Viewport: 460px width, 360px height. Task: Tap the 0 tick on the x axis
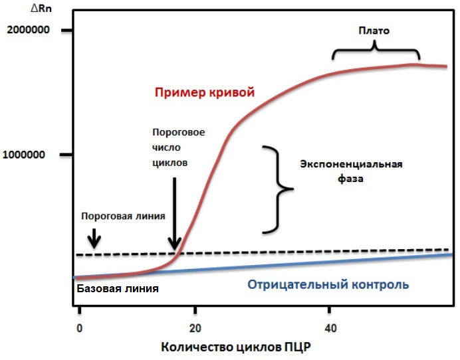pos(80,327)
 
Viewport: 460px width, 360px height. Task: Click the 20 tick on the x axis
pos(195,327)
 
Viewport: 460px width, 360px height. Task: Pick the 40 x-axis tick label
pos(330,327)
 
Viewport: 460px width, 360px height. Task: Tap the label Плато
pos(374,31)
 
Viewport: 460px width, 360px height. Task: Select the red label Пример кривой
pos(205,92)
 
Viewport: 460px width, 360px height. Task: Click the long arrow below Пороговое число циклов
pos(175,213)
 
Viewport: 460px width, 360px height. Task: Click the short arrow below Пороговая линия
pos(94,238)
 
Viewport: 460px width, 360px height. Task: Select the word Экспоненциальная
pos(351,164)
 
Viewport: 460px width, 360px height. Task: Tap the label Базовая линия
pos(118,289)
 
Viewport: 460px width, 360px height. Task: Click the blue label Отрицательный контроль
pos(328,285)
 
